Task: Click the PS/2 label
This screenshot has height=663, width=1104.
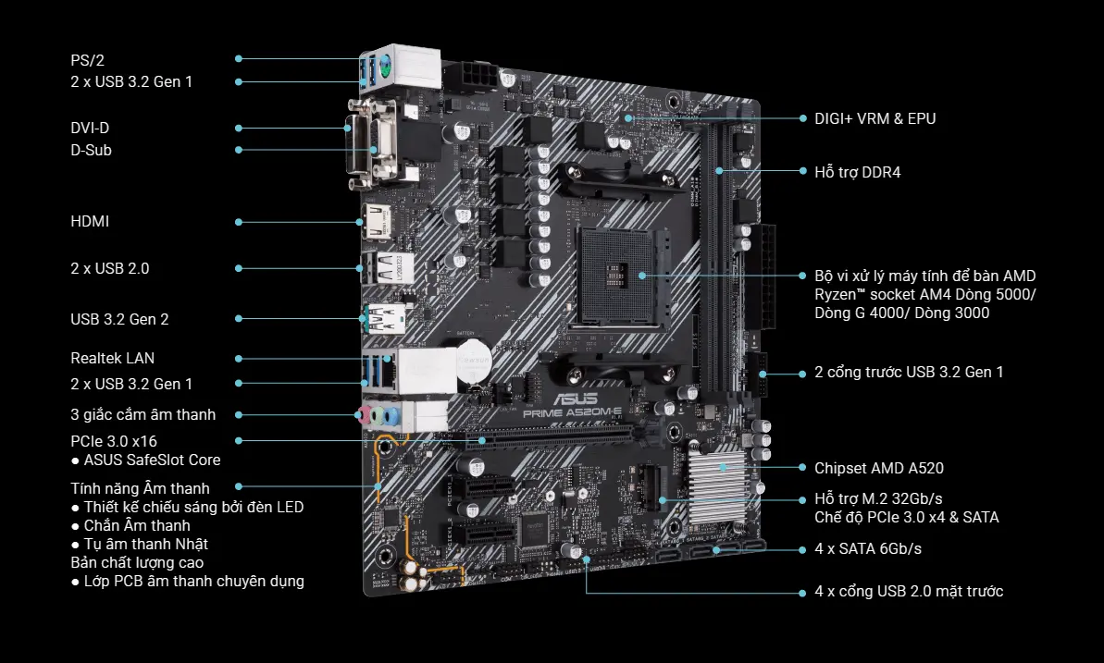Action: pyautogui.click(x=87, y=60)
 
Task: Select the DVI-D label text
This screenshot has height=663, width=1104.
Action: pyautogui.click(x=90, y=128)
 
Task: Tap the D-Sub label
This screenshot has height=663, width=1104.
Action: pyautogui.click(x=91, y=150)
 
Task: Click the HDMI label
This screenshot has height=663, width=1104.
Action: pyautogui.click(x=90, y=221)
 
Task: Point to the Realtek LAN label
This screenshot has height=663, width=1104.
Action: pyautogui.click(x=113, y=358)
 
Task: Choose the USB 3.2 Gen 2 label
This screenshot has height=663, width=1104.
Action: pyautogui.click(x=119, y=319)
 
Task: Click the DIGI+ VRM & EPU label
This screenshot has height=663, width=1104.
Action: pyautogui.click(x=875, y=118)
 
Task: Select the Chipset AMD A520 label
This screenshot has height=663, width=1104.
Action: pyautogui.click(x=879, y=468)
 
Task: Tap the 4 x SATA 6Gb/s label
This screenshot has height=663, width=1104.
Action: pyautogui.click(x=868, y=548)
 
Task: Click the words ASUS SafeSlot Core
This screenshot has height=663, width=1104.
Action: pyautogui.click(x=152, y=460)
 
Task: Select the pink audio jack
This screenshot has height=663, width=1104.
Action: pyautogui.click(x=365, y=414)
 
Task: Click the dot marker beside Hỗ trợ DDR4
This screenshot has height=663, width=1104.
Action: pyautogui.click(x=803, y=171)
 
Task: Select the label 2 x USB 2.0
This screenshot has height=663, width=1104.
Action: pyautogui.click(x=110, y=268)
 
